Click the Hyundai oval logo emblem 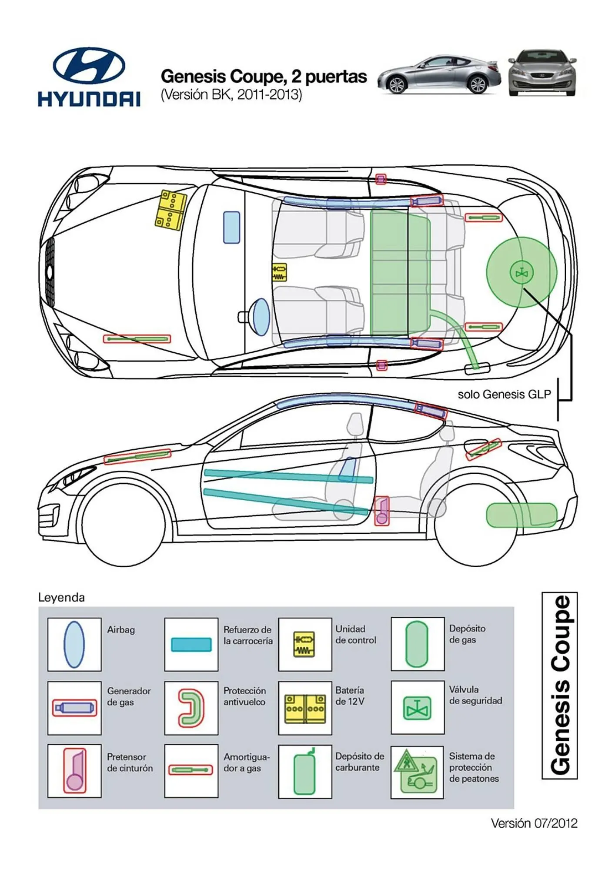pos(89,66)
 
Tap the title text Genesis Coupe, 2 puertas pos(264,77)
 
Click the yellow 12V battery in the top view pos(170,209)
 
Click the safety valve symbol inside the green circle pos(521,273)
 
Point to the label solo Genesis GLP pos(504,395)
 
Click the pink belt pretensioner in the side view pos(381,511)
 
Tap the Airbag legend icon pos(74,644)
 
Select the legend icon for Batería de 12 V pos(305,708)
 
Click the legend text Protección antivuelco pos(244,696)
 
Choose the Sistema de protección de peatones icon pos(417,772)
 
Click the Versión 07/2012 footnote pos(534,823)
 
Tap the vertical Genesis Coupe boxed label pos(559,685)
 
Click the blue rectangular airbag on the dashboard pos(231,227)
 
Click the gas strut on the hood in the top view pos(137,339)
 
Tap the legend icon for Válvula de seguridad pos(417,708)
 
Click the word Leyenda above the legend pos(61,597)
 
